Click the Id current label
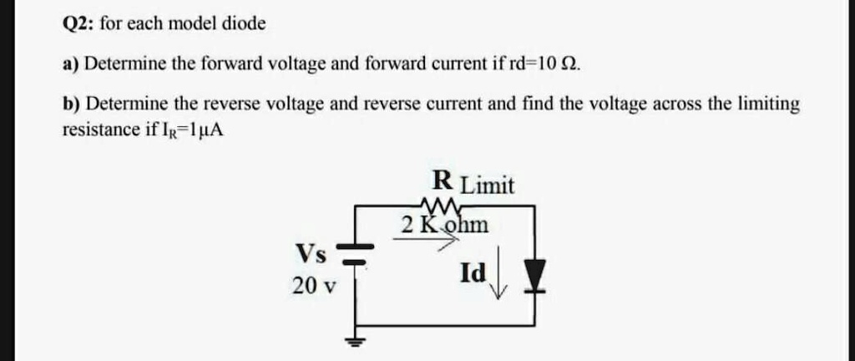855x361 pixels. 472,272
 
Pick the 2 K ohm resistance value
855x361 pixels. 444,225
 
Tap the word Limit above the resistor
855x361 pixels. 488,185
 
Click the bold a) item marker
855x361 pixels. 72,64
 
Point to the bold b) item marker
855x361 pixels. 73,104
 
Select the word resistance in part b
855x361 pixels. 99,130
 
